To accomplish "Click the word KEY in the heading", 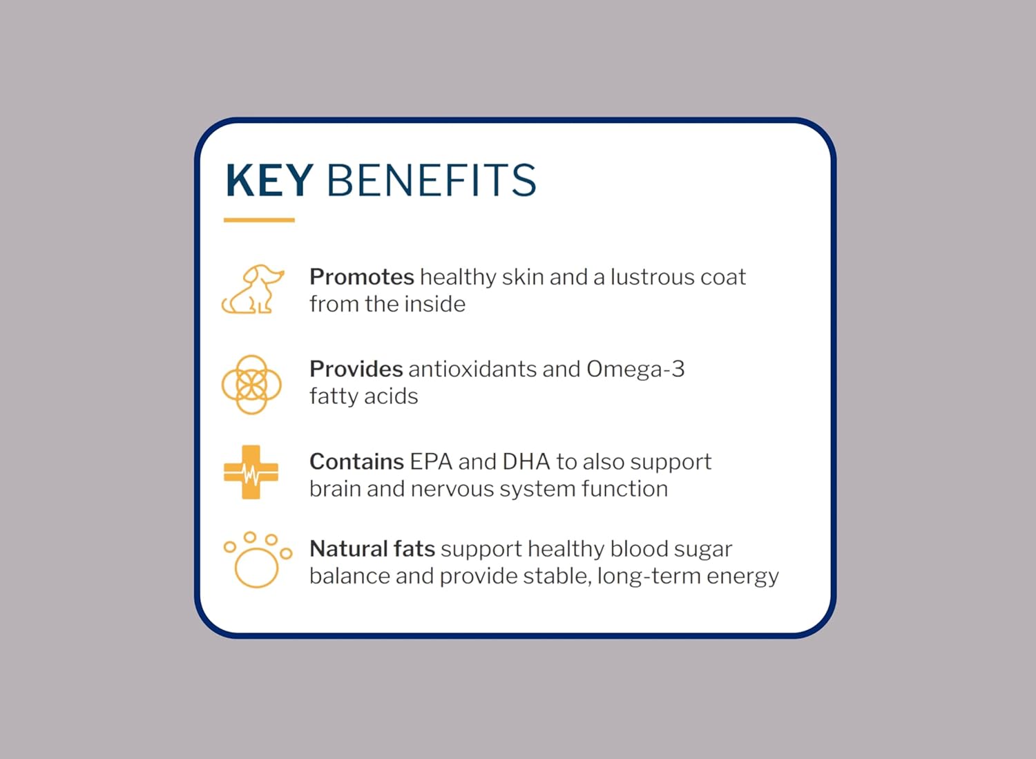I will pos(269,181).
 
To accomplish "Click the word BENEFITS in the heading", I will pos(431,181).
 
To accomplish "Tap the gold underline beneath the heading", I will pos(259,220).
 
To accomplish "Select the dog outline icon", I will pos(252,289).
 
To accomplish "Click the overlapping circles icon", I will pos(251,385).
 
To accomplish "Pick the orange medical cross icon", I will pos(251,472).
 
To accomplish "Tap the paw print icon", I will pos(256,560).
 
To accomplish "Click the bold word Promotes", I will pos(361,277).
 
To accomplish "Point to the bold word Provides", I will pos(356,369).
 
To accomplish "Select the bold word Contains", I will pos(356,461).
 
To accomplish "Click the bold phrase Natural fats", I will pos(372,549).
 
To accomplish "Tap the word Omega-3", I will pos(635,369).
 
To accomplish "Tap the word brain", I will pos(335,489).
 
